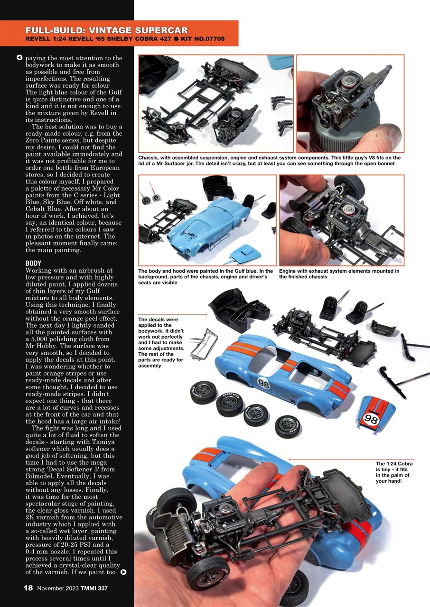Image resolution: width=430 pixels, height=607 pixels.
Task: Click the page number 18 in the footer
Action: coord(28,588)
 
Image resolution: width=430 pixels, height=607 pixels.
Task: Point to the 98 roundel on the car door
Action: coord(263,383)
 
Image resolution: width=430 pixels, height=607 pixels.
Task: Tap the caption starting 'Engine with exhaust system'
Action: coord(339,274)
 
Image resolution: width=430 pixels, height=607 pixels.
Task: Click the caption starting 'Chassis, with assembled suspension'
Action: coord(269,160)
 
